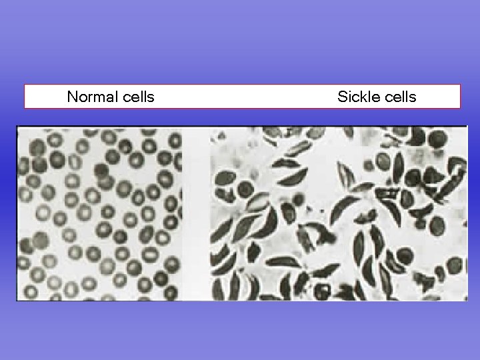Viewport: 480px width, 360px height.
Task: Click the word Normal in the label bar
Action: point(93,97)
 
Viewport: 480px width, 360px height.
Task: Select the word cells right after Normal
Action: point(139,97)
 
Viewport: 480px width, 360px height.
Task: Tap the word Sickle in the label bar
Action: point(357,97)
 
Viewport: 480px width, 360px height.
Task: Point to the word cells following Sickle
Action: point(399,97)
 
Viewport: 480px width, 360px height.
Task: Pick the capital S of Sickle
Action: point(342,97)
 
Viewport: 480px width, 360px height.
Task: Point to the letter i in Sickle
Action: point(349,97)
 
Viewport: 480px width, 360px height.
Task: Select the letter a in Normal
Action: point(110,98)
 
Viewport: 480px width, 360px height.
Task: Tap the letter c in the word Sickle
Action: point(355,98)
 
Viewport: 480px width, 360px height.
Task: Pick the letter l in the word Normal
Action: point(117,97)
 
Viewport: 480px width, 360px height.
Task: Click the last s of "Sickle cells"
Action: point(413,98)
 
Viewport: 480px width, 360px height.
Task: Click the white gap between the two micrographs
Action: point(196,213)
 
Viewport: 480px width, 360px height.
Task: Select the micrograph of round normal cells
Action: point(100,213)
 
